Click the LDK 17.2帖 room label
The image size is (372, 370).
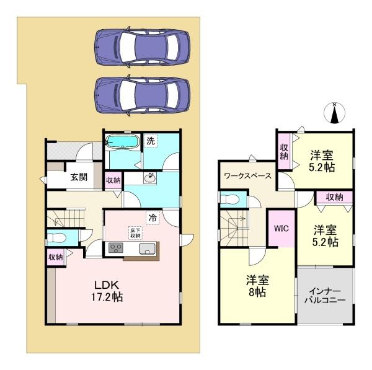click(x=107, y=291)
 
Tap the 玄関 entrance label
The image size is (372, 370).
click(x=79, y=177)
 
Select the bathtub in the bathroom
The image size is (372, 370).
click(x=122, y=141)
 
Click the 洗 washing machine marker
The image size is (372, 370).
click(x=151, y=141)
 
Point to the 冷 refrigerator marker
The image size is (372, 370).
click(x=153, y=218)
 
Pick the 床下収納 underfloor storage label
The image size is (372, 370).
click(x=135, y=232)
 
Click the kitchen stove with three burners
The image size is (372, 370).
click(x=116, y=248)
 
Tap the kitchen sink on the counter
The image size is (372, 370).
click(x=148, y=249)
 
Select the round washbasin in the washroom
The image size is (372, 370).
click(x=150, y=177)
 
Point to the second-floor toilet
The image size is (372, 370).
click(x=229, y=199)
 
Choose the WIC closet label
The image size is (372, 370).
click(x=281, y=229)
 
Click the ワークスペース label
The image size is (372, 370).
click(x=247, y=176)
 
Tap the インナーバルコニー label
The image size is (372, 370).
click(x=325, y=296)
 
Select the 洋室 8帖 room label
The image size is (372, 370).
click(x=257, y=286)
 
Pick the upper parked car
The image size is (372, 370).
click(x=143, y=47)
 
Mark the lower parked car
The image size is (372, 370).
click(x=143, y=95)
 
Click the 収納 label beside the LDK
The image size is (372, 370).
click(x=56, y=257)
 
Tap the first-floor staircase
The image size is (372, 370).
click(x=66, y=218)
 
